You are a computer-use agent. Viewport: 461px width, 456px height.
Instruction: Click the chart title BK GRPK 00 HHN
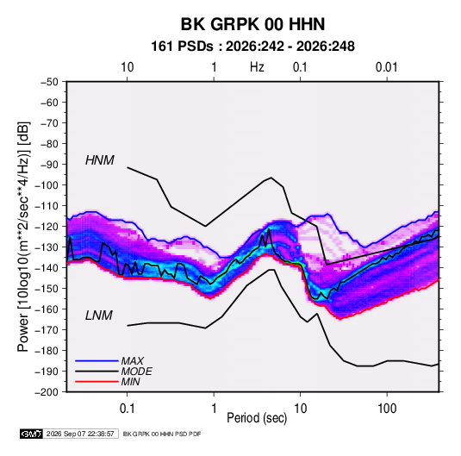[x=252, y=24]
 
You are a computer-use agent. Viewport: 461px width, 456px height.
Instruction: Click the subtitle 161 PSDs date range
[x=252, y=47]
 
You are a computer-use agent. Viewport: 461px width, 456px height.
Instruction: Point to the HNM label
[x=100, y=160]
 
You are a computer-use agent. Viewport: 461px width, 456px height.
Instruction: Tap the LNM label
[x=99, y=315]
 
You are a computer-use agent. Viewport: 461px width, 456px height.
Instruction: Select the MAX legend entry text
[x=133, y=361]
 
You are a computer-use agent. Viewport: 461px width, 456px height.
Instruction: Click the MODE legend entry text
[x=137, y=372]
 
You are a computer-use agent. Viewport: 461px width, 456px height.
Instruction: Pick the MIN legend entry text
[x=130, y=382]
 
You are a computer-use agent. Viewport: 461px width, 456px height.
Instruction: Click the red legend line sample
[x=97, y=382]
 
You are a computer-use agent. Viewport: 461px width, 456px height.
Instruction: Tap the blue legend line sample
[x=97, y=361]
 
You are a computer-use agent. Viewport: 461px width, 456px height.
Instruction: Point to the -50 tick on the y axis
[x=49, y=82]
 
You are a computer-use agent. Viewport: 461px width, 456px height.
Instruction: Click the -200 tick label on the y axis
[x=47, y=392]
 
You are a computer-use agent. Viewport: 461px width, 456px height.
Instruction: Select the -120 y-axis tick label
[x=47, y=227]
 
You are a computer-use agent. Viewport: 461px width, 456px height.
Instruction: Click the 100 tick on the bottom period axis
[x=387, y=409]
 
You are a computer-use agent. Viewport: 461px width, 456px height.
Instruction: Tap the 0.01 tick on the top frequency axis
[x=387, y=67]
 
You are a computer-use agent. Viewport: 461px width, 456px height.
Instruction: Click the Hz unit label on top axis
[x=257, y=67]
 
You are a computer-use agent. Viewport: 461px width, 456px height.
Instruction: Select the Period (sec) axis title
[x=257, y=418]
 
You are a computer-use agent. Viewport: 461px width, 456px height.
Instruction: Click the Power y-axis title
[x=23, y=237]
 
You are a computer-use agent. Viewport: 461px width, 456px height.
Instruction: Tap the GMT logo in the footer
[x=32, y=434]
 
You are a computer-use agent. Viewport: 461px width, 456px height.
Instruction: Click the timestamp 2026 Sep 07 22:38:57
[x=80, y=434]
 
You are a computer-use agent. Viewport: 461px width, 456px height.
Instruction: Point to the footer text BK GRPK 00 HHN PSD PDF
[x=162, y=434]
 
